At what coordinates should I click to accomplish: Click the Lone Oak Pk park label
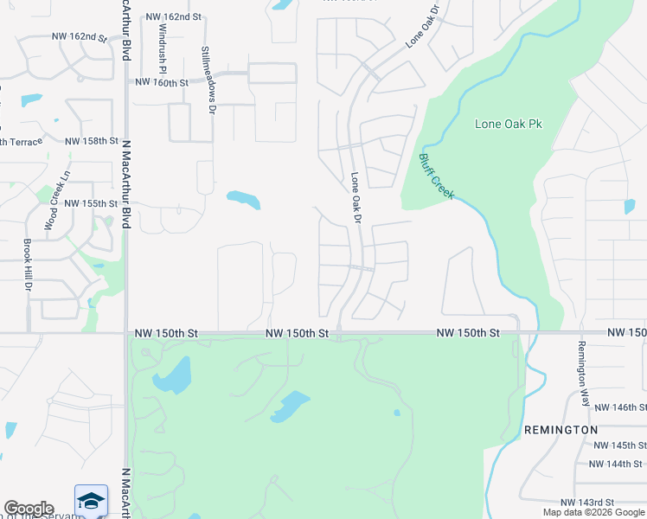(509, 124)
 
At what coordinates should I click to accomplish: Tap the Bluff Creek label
(436, 176)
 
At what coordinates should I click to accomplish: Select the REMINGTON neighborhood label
(561, 430)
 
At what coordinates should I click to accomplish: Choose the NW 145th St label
(618, 445)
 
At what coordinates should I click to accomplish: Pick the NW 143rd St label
(586, 503)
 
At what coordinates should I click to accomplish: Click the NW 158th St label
(91, 141)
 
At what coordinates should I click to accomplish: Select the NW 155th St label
(91, 204)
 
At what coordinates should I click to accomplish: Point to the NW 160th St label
(162, 83)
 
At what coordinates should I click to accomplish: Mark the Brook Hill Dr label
(29, 265)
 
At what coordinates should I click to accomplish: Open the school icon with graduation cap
(91, 501)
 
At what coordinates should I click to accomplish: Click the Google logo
(29, 509)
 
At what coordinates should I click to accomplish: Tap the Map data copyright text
(594, 512)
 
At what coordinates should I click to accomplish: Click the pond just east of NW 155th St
(243, 200)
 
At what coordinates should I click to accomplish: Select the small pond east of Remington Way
(629, 207)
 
